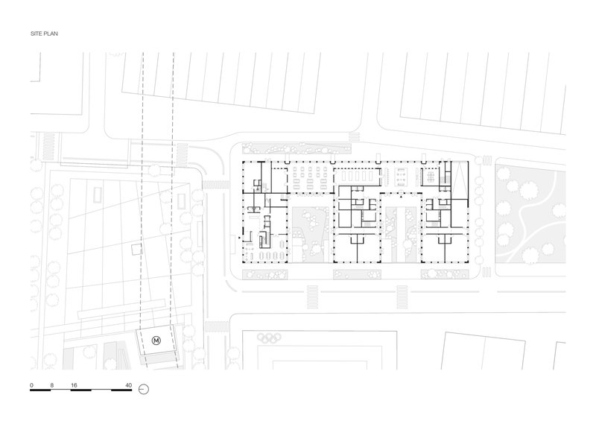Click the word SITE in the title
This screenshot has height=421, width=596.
(35, 34)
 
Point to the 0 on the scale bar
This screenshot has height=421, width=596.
(31, 385)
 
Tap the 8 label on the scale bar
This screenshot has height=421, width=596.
(51, 385)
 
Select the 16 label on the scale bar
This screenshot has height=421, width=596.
(74, 385)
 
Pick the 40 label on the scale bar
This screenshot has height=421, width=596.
(128, 385)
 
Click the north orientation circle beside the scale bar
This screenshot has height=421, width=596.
(144, 389)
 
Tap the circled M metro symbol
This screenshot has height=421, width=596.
(156, 341)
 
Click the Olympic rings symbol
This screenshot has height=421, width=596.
(269, 337)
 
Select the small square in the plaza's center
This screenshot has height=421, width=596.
(136, 250)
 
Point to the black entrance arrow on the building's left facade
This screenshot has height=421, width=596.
(239, 238)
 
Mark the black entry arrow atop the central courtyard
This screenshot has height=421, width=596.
(401, 196)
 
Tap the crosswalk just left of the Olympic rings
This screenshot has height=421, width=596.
(217, 326)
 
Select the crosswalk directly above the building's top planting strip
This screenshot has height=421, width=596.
(355, 137)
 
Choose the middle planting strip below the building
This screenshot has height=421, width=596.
(358, 274)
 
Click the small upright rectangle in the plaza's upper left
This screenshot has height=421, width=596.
(98, 195)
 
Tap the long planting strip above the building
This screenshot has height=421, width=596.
(297, 148)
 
